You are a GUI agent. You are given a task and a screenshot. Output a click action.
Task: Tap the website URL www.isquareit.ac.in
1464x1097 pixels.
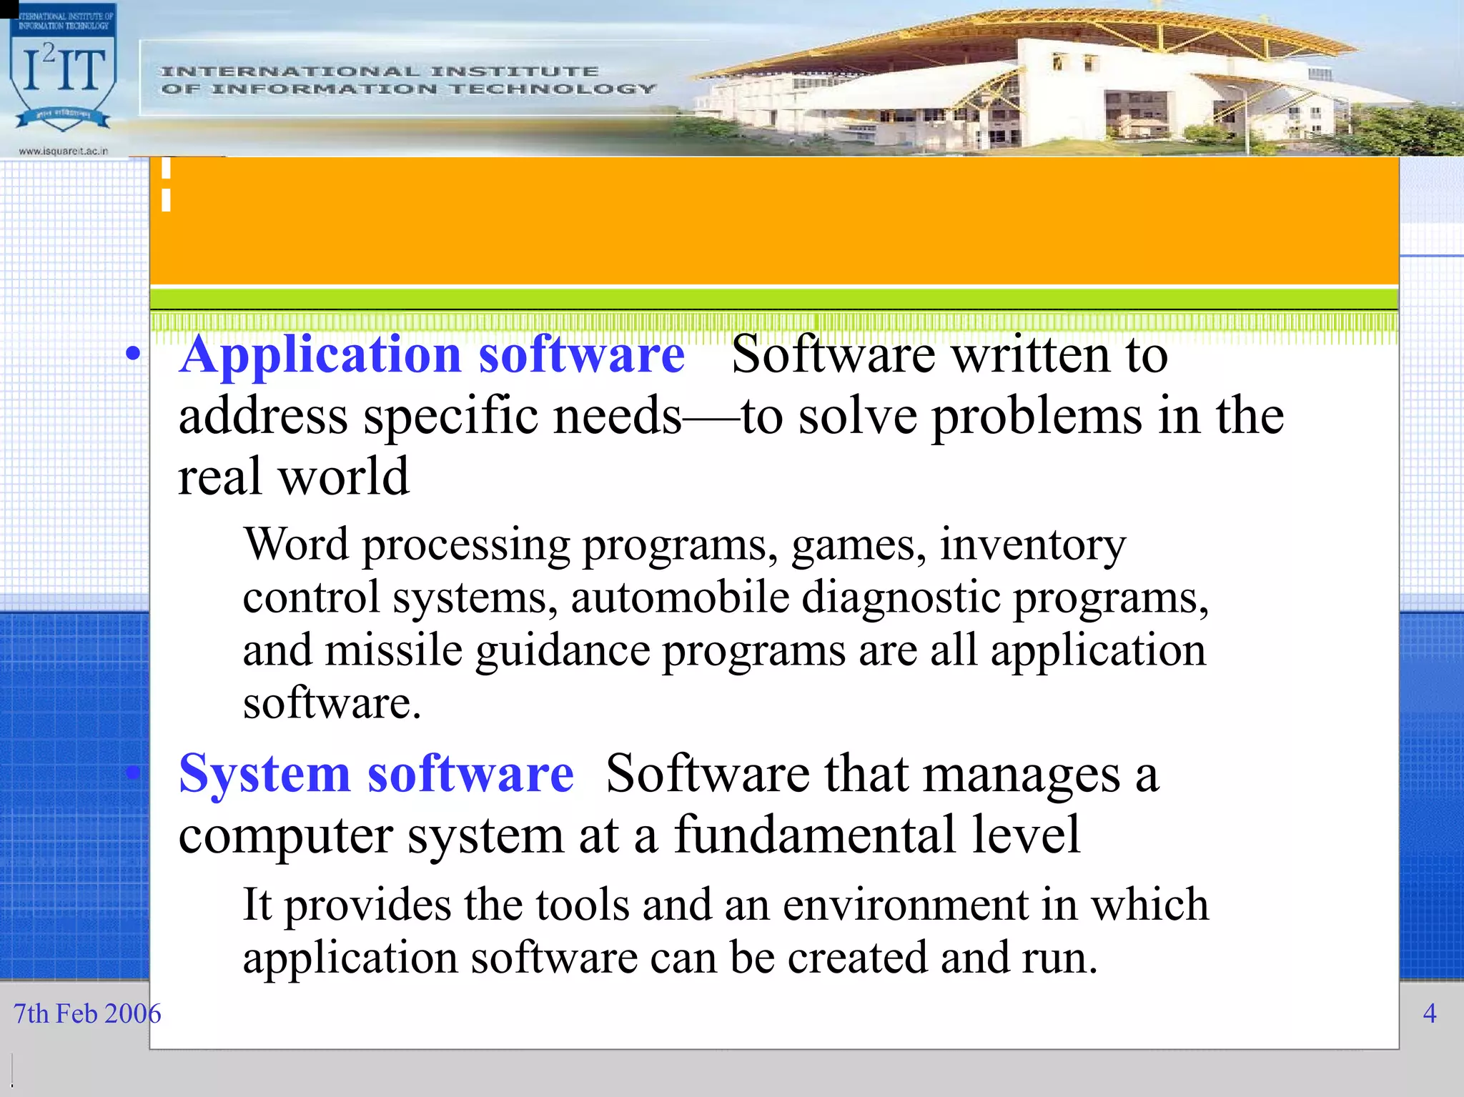tap(63, 151)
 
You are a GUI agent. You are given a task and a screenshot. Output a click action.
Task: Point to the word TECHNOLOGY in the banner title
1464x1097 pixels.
tap(553, 89)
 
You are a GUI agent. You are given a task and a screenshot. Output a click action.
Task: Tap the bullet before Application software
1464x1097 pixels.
tap(132, 353)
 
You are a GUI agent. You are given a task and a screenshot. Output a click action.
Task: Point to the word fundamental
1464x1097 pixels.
tap(814, 835)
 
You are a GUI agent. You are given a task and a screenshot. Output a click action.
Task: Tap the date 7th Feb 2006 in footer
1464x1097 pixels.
tap(87, 1013)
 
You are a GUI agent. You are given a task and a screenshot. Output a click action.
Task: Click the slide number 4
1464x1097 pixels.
tap(1430, 1013)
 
